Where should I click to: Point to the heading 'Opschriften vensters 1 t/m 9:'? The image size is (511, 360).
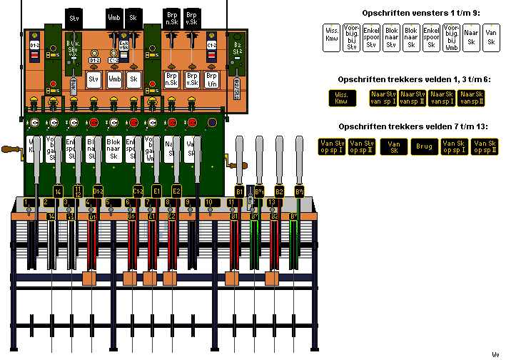(412, 13)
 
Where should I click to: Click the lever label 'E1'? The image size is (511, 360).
(157, 191)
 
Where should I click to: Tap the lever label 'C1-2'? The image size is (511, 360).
(138, 191)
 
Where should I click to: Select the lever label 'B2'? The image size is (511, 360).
(280, 191)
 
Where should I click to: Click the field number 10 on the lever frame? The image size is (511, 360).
(208, 203)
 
